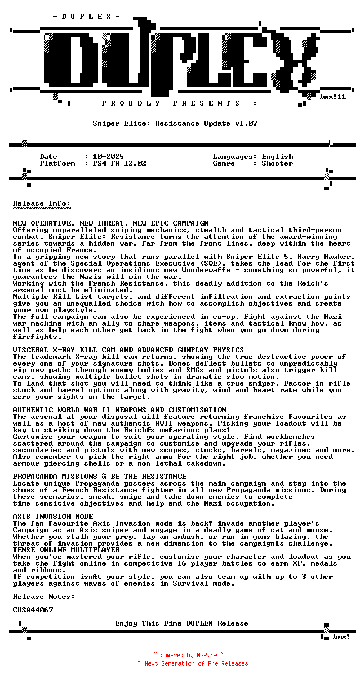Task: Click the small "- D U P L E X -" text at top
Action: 87,17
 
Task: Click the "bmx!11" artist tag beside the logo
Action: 333,97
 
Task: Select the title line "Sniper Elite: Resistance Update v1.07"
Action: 175,123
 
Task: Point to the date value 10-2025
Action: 108,157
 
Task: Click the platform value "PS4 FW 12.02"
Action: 119,163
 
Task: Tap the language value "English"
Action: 277,157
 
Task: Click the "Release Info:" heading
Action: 42,203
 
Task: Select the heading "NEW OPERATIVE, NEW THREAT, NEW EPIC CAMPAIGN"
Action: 111,223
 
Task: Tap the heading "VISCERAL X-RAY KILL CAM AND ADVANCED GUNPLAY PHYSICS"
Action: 128,350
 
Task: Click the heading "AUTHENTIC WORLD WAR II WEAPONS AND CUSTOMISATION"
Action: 119,410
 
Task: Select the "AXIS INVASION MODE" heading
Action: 53,517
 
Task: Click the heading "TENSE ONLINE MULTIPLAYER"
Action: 66,550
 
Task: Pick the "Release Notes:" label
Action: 44,597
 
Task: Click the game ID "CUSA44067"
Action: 33,610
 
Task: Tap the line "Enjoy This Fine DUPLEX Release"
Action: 182,623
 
